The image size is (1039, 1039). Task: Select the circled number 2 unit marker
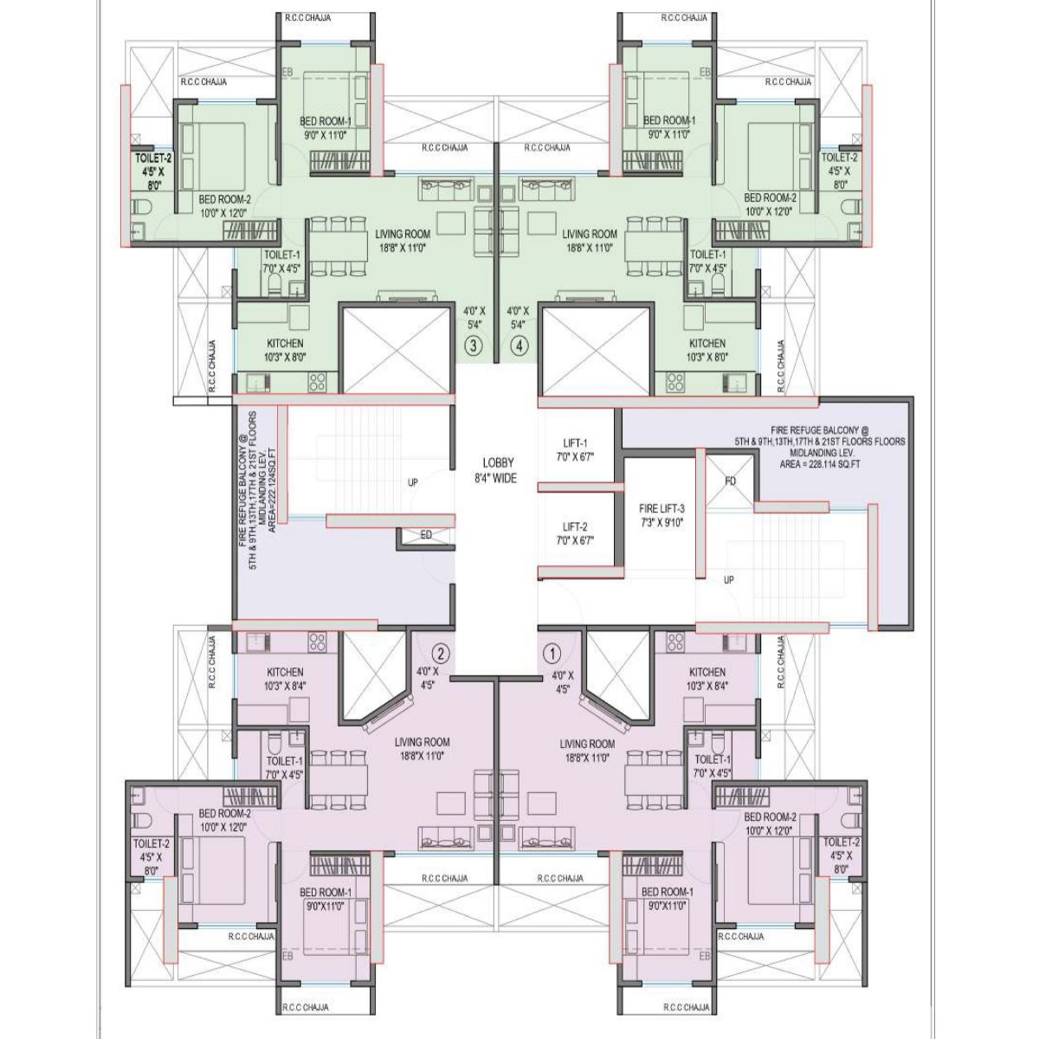[x=441, y=653]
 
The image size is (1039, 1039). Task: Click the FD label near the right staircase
[x=730, y=480]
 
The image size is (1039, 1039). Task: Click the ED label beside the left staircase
[x=425, y=536]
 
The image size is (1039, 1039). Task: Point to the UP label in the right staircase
[x=728, y=580]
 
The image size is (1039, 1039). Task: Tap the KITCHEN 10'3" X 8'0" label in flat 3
[x=285, y=350]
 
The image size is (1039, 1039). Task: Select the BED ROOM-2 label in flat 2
[x=224, y=820]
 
